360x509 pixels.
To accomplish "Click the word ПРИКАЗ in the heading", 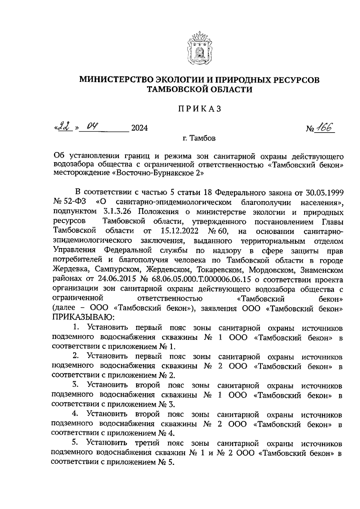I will pos(198,109).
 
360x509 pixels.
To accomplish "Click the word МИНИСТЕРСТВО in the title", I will pos(116,80).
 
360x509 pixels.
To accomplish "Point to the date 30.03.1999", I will pos(325,193).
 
